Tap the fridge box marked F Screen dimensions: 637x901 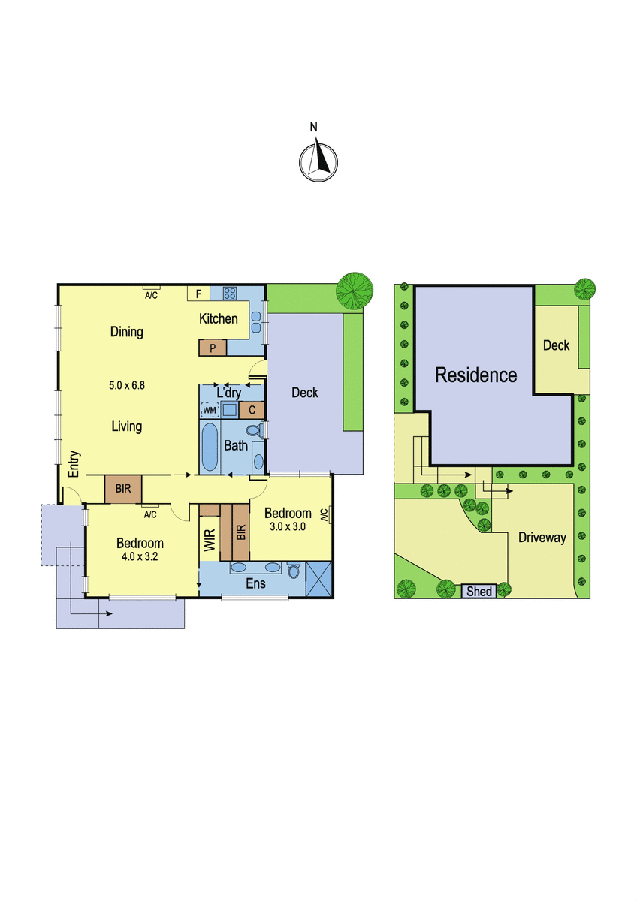coord(198,294)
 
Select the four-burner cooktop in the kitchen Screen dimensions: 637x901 coord(230,293)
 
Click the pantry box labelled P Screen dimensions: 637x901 coord(213,348)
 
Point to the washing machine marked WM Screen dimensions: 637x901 coord(210,410)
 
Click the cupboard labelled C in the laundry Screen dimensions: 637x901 coord(252,410)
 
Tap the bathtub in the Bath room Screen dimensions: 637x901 coord(210,447)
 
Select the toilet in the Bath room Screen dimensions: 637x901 coord(255,431)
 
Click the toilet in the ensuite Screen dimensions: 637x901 coord(294,571)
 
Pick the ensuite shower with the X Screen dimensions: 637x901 coord(318,579)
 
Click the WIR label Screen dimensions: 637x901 coord(210,540)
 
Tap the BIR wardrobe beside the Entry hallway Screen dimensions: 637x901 coord(123,489)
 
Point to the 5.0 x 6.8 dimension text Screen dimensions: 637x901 coord(127,385)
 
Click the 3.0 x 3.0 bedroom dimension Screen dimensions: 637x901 coord(288,526)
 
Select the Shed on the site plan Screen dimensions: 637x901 coord(479,591)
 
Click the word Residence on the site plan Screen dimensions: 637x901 coord(476,375)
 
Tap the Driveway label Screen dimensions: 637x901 coord(542,538)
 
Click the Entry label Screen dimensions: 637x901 coord(74,464)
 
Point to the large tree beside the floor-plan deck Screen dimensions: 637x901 coord(355,291)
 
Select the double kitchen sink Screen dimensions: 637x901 coord(256,322)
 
